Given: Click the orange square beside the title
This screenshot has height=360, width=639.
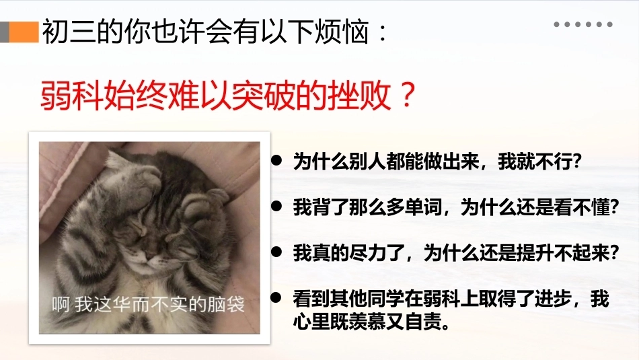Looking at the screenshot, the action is [24, 32].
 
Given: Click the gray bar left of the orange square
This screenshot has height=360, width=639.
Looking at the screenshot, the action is [5, 32].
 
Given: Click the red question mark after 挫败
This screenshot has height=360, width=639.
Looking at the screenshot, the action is [406, 95].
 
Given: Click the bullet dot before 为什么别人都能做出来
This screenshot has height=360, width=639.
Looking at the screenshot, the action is [276, 160].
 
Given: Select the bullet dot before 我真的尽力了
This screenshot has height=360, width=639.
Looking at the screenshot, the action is [276, 252].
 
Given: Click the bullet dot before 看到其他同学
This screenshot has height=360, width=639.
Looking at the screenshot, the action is [276, 297].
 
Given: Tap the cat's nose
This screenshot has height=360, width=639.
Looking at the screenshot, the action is [151, 258].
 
